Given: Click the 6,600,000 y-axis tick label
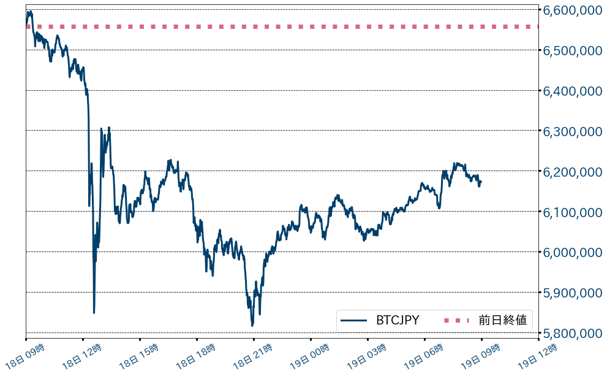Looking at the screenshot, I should pos(571,11).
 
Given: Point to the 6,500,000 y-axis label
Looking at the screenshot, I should pos(571,51).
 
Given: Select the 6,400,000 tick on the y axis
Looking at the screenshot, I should pos(571,91).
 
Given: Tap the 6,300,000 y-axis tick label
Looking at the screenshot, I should pos(571,131).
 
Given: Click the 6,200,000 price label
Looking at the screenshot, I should pos(571,172).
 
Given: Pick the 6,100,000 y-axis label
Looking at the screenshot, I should pos(571,212).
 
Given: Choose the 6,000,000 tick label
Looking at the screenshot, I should pos(571,253).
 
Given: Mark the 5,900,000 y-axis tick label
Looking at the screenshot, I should pos(571,293).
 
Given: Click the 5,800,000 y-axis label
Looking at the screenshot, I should pos(571,334).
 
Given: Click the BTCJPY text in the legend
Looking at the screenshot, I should pos(398,320).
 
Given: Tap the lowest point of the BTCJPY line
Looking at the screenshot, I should pos(252,326).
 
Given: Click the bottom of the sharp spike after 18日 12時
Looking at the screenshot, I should pos(94,313).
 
